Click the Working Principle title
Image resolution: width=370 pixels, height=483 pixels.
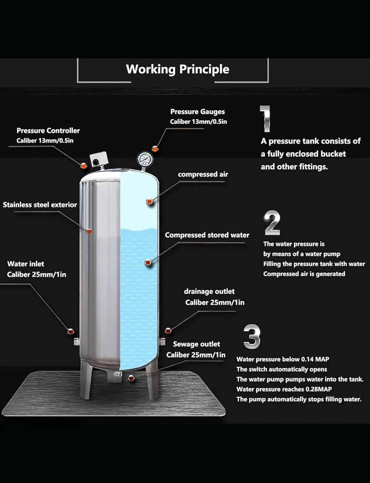[x=178, y=69]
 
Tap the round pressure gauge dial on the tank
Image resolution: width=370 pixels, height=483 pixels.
[x=143, y=159]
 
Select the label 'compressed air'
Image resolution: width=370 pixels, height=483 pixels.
[x=203, y=174]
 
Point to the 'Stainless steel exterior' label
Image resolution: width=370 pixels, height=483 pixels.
[x=40, y=205]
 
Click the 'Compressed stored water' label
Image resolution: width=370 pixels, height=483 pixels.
[x=207, y=235]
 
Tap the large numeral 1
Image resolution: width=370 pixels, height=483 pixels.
[x=266, y=119]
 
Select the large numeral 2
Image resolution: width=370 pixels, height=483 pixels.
[x=272, y=223]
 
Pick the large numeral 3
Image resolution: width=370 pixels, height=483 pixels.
[x=251, y=336]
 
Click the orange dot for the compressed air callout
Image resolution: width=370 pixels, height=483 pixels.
[x=149, y=202]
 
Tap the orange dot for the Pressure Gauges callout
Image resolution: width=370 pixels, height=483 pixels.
[x=155, y=148]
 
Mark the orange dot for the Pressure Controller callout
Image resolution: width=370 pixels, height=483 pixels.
[x=83, y=166]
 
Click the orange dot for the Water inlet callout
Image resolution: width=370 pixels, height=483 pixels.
[x=71, y=331]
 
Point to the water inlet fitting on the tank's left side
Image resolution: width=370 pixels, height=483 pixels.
[x=77, y=341]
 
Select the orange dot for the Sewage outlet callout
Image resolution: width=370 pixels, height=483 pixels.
[x=131, y=378]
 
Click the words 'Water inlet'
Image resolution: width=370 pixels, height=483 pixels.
[x=26, y=264]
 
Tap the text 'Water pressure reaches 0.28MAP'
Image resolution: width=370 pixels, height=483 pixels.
[x=284, y=389]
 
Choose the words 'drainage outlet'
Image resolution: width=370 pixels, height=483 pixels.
[x=209, y=291]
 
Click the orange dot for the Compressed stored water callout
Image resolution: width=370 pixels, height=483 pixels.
[x=148, y=262]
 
